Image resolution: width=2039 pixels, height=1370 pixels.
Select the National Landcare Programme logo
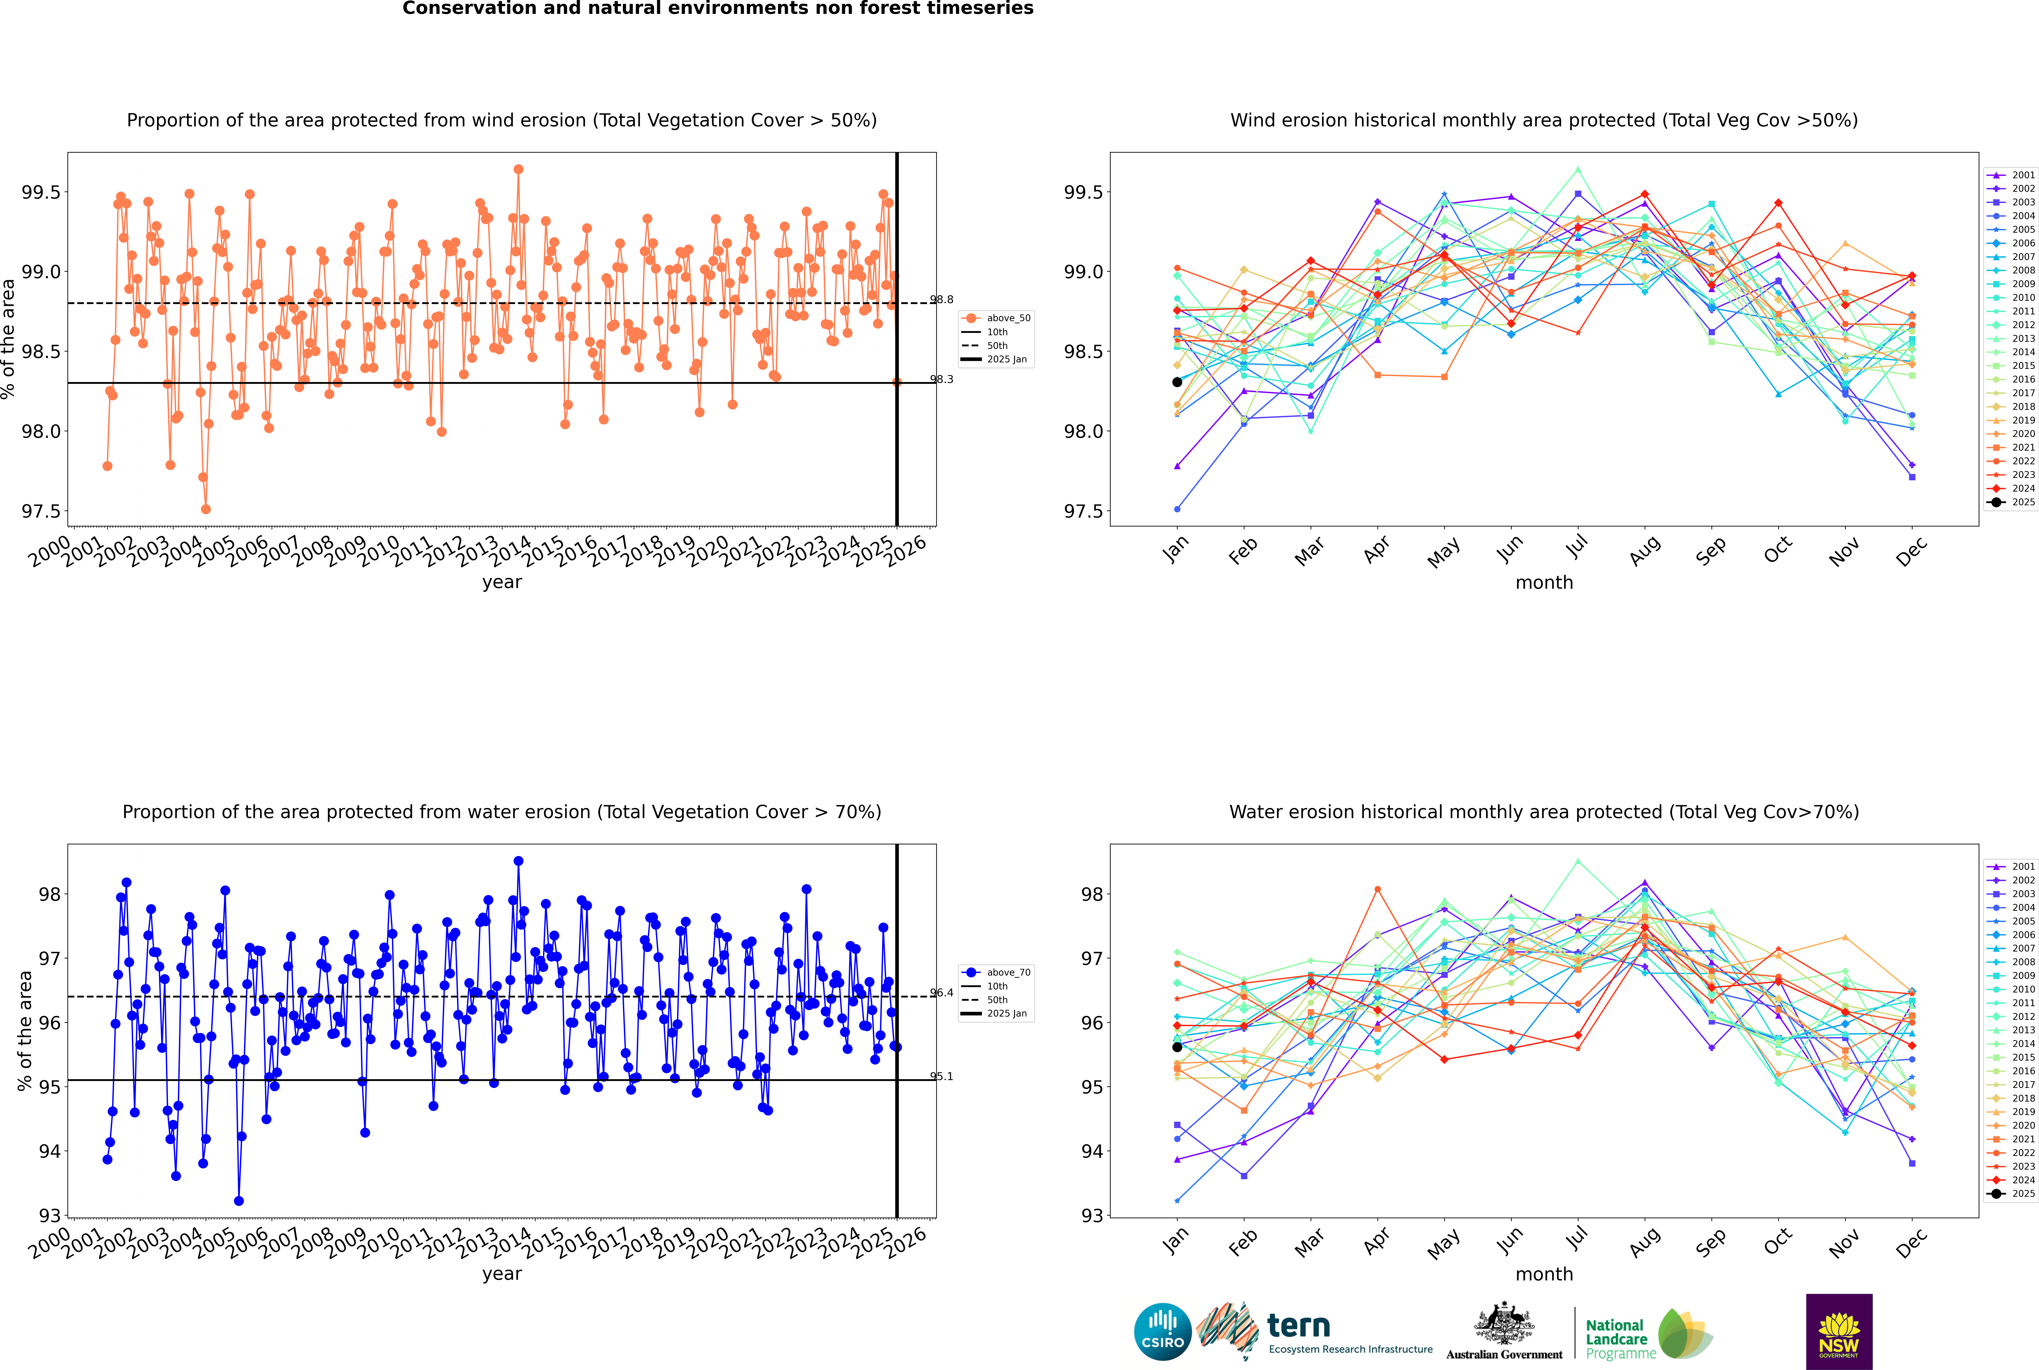click(1649, 1333)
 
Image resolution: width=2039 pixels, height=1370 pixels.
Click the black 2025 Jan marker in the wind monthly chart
click(1177, 382)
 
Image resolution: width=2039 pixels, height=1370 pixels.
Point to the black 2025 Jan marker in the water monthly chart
click(1177, 1047)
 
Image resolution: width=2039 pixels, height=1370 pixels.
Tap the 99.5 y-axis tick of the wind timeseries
click(41, 192)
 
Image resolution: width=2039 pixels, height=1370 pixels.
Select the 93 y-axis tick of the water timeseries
click(50, 1215)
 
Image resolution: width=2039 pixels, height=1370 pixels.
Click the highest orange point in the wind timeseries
click(518, 170)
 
